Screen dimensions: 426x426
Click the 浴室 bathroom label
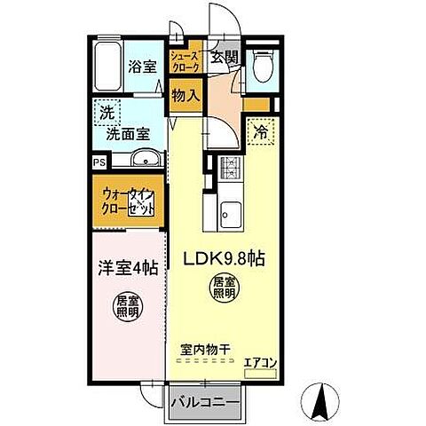(x=141, y=66)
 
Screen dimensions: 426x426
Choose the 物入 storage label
(x=185, y=95)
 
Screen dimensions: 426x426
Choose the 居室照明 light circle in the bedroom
(x=126, y=307)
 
